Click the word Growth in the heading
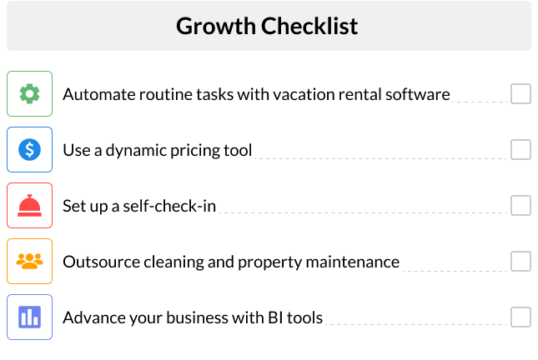(x=215, y=26)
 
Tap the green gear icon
(x=29, y=93)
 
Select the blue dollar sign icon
(x=29, y=149)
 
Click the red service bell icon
(x=29, y=205)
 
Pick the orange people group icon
(x=29, y=261)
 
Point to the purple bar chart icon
(x=29, y=317)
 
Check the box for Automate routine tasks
(x=520, y=93)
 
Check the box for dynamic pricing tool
(x=520, y=149)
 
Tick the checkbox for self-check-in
(x=520, y=205)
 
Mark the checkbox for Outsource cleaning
(x=520, y=261)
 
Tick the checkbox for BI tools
(x=520, y=317)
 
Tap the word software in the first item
(x=418, y=94)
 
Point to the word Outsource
(x=97, y=262)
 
